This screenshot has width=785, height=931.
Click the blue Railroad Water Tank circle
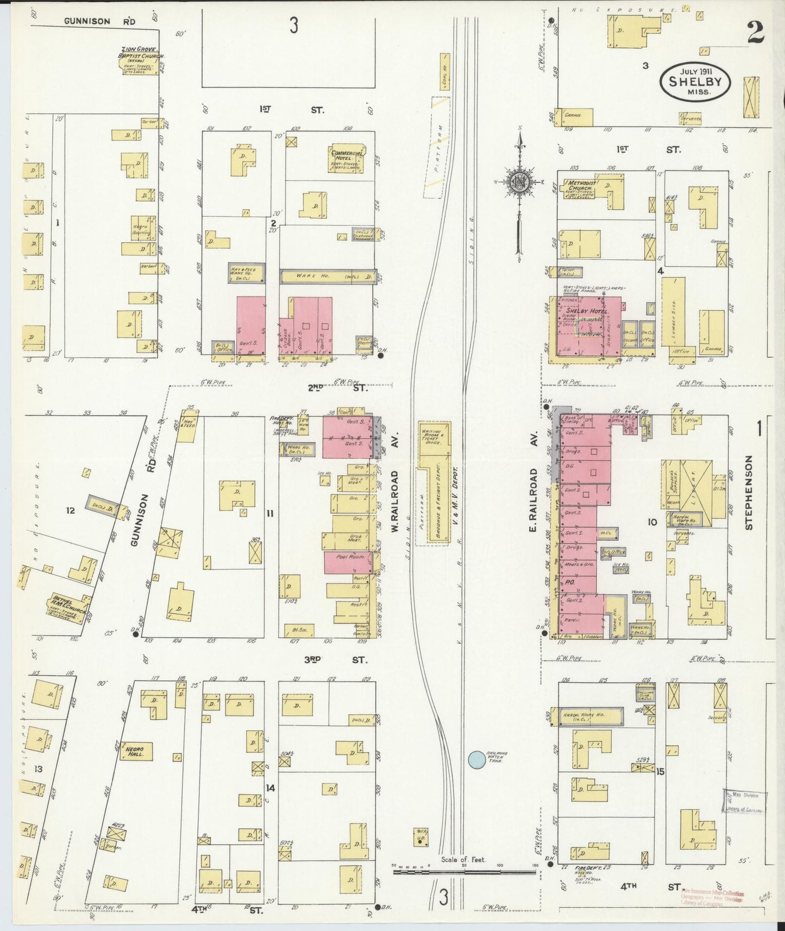tap(476, 759)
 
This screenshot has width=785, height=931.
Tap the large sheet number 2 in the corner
tap(755, 33)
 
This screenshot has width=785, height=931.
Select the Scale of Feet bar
tap(464, 872)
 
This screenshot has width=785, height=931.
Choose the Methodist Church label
tap(580, 186)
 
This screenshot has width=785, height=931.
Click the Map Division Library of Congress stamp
tap(744, 801)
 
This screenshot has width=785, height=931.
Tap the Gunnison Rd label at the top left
tap(99, 21)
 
